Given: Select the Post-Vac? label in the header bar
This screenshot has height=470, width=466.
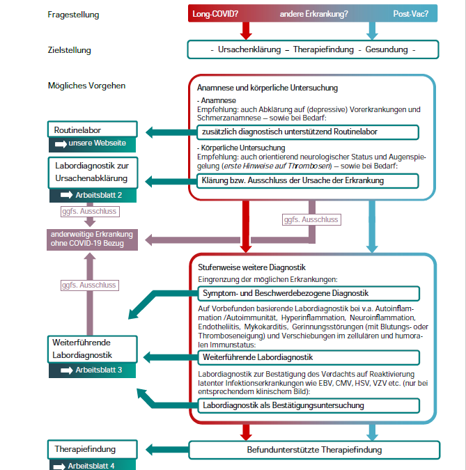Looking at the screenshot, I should click(411, 13).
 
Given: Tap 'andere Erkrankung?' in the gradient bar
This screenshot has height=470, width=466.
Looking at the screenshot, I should click(313, 13).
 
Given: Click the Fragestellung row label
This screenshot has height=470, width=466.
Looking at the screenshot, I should click(73, 15).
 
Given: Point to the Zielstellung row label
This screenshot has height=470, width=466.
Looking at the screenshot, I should click(70, 50).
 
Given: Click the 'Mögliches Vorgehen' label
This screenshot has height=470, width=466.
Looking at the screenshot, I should click(86, 86).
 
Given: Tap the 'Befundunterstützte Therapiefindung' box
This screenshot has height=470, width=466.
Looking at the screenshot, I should click(314, 450).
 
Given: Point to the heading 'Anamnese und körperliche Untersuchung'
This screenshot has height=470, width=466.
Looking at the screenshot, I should click(267, 88).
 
